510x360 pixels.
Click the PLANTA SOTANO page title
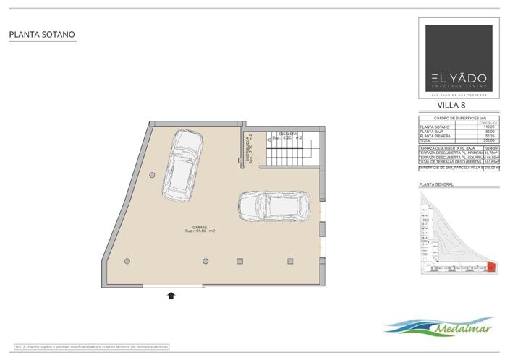tap(42, 34)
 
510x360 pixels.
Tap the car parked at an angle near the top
tap(178, 165)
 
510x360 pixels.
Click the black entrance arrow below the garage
tap(171, 294)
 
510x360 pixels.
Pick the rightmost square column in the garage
tap(289, 260)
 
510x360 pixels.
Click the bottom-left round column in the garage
tap(127, 260)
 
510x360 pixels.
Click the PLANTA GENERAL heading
tap(436, 185)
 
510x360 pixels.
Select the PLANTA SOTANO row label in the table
tap(435, 127)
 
